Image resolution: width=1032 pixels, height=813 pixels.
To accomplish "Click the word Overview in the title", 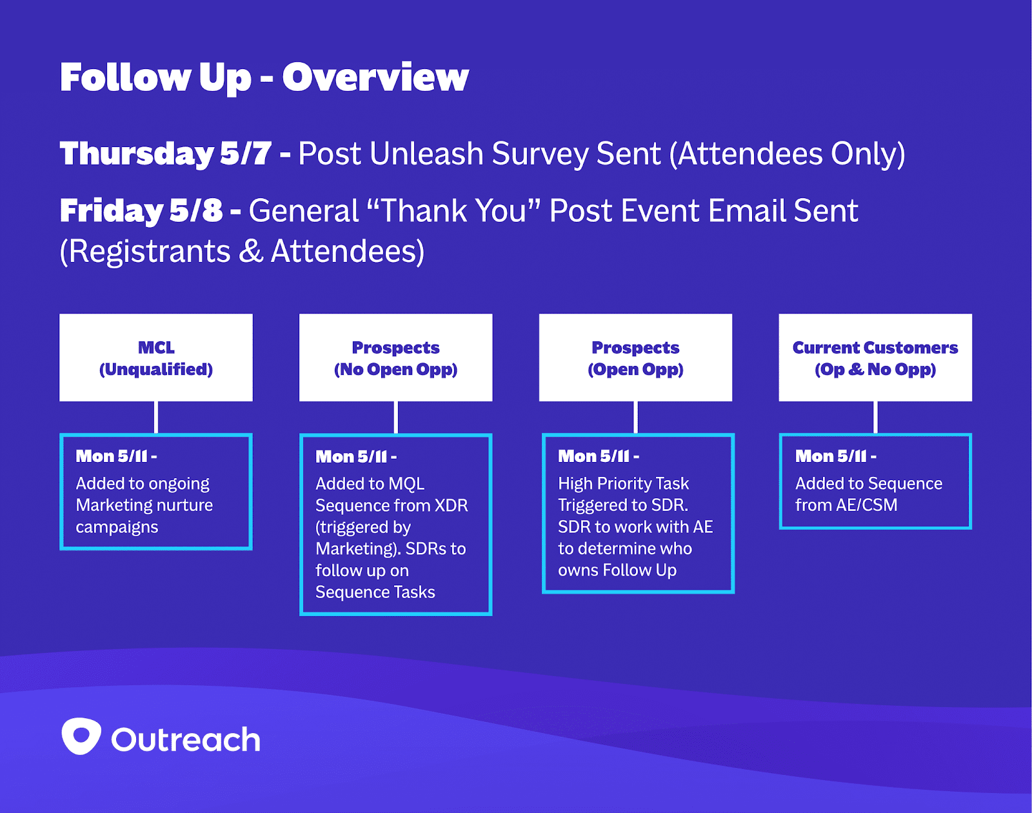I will pyautogui.click(x=375, y=77).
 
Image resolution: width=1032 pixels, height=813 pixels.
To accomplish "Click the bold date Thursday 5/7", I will pyautogui.click(x=166, y=154).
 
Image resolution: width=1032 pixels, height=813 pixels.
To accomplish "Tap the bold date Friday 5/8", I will pyautogui.click(x=141, y=211).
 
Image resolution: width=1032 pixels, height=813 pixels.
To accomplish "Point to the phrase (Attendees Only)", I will pyautogui.click(x=788, y=154).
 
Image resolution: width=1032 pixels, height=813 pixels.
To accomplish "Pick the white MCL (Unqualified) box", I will pyautogui.click(x=156, y=357).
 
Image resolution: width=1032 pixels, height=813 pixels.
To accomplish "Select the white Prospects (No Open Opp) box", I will pyautogui.click(x=395, y=357).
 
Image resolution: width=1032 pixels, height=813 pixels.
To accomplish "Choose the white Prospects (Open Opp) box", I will pyautogui.click(x=635, y=357).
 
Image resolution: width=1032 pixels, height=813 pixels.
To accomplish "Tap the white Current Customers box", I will pyautogui.click(x=875, y=357).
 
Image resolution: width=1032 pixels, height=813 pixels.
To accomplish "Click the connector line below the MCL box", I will pyautogui.click(x=156, y=417).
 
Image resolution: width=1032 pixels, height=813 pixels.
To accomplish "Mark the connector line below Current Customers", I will pyautogui.click(x=875, y=417).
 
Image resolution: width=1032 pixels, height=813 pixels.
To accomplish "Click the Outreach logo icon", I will pyautogui.click(x=81, y=736).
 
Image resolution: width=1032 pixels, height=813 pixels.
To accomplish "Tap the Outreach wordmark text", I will pyautogui.click(x=186, y=739).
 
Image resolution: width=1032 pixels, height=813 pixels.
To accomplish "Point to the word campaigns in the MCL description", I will pyautogui.click(x=117, y=527).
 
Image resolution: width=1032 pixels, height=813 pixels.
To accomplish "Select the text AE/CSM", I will pyautogui.click(x=866, y=505).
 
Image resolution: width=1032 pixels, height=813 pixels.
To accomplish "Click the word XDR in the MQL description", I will pyautogui.click(x=451, y=505).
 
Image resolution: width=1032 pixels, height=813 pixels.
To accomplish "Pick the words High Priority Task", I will pyautogui.click(x=623, y=483).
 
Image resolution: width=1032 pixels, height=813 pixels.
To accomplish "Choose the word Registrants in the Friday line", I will pyautogui.click(x=150, y=252).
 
